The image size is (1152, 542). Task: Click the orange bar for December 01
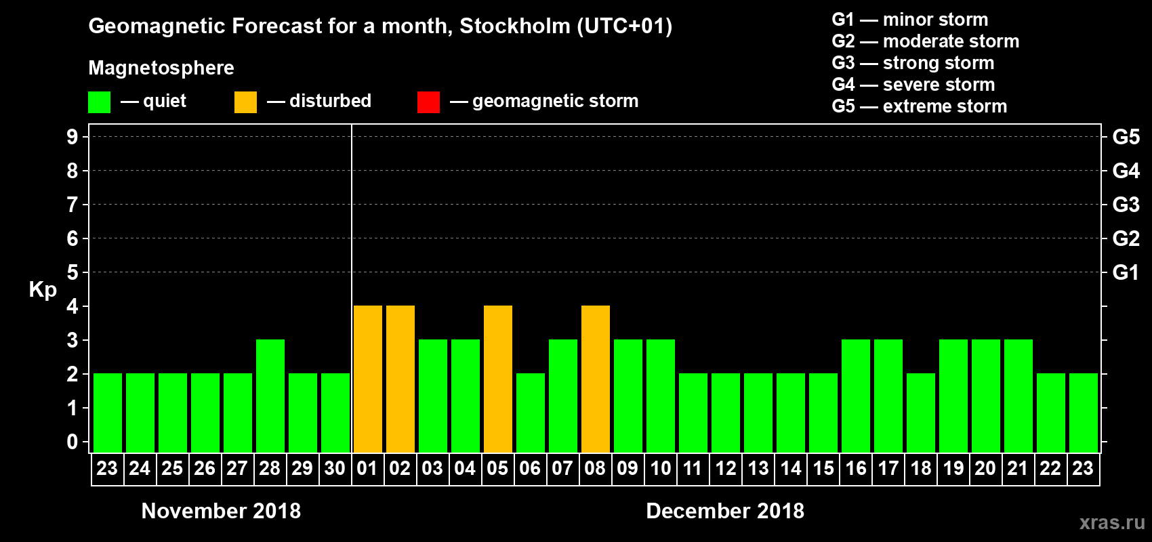point(367,379)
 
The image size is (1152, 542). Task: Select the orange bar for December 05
point(498,379)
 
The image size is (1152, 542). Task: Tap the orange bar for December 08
point(596,379)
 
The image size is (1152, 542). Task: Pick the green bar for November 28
point(270,396)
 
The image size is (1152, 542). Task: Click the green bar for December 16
point(856,396)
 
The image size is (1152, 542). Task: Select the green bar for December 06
point(531,413)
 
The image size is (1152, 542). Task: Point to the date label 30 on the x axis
point(335,469)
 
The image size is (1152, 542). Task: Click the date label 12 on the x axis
point(726,469)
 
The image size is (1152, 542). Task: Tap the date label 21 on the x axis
point(1018,469)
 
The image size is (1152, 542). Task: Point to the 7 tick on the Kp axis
point(73,205)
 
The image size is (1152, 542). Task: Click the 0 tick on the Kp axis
point(73,442)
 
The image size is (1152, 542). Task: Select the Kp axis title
point(43,290)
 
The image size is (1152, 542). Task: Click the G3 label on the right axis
point(1126,205)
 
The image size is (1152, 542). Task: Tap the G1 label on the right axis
point(1126,272)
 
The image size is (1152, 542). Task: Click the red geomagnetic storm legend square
point(428,102)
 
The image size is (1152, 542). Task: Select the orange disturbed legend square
point(245,102)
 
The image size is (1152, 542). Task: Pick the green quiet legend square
point(99,102)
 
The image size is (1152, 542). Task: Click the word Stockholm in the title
point(515,26)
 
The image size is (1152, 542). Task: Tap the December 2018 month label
point(724,511)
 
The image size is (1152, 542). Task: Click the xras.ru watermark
point(1111,522)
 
